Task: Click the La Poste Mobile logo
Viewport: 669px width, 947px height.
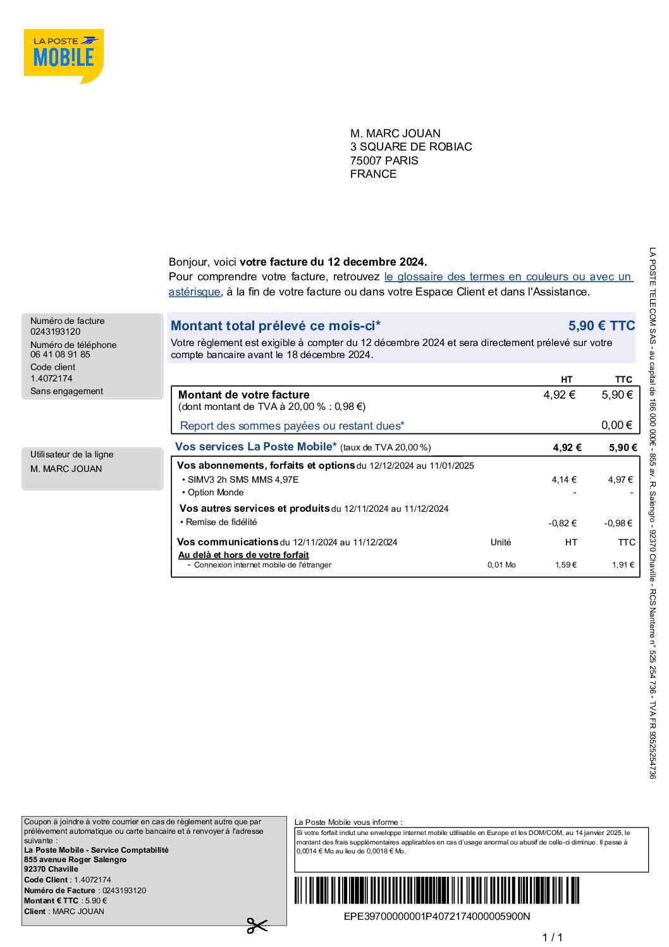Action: point(63,56)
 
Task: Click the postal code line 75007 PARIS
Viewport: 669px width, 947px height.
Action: point(384,161)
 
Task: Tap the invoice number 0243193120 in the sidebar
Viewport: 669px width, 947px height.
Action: point(56,331)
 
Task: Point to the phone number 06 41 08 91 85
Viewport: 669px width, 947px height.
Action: point(60,354)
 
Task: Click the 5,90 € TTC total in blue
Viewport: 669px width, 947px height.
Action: point(601,326)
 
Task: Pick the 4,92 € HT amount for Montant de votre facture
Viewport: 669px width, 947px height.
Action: point(559,395)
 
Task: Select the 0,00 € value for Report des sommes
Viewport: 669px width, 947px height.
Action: point(617,425)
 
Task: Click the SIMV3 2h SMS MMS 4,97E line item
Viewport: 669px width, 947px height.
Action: point(243,480)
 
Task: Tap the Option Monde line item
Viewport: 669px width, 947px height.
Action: point(216,492)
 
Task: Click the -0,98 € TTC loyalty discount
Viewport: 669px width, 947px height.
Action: point(618,523)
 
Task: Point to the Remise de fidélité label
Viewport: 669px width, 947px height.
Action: point(221,522)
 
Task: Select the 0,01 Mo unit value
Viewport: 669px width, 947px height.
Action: point(501,565)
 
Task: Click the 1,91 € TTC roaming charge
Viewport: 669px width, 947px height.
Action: point(622,565)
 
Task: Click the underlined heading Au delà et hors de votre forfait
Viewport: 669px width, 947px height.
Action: point(243,555)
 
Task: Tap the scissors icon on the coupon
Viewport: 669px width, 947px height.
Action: point(257,925)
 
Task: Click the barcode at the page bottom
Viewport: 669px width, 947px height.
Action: point(436,891)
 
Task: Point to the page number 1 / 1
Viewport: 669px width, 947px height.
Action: point(552,937)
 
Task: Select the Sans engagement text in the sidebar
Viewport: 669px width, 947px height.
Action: point(66,391)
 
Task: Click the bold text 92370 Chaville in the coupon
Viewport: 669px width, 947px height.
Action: point(51,869)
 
